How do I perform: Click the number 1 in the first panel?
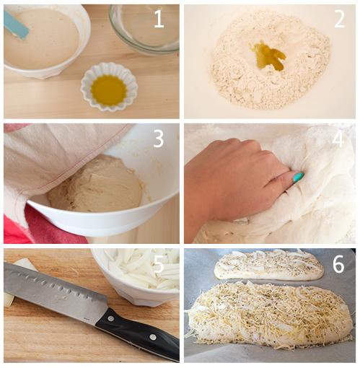[x=159, y=19]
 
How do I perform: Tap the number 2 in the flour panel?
[x=340, y=19]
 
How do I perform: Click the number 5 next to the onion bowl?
[x=159, y=265]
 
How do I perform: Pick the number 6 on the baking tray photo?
[x=338, y=265]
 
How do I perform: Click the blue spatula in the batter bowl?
[x=16, y=25]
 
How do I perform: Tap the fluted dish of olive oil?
[x=109, y=87]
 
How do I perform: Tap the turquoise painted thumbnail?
[x=299, y=177]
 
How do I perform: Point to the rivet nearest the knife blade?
[x=111, y=319]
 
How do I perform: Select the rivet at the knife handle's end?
[x=153, y=337]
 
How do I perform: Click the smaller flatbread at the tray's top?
[x=269, y=265]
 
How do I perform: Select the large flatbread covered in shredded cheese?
[x=269, y=312]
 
